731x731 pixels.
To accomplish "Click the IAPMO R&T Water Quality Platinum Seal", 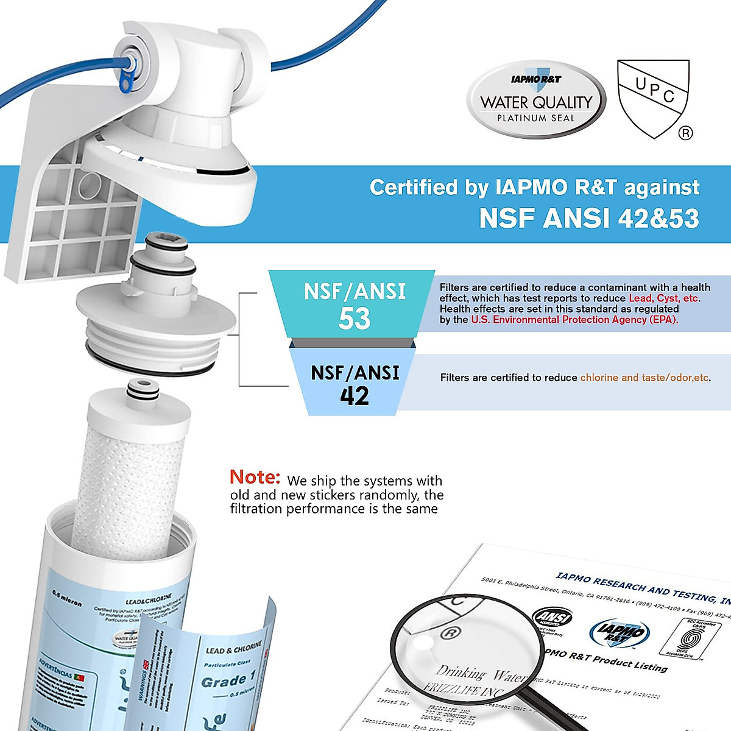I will coord(536,100).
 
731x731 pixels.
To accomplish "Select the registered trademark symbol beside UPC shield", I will coord(685,133).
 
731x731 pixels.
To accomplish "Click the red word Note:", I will coord(255,477).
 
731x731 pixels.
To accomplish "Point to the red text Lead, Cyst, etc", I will coord(665,298).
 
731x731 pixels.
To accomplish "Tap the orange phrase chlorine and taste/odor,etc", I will coord(644,378).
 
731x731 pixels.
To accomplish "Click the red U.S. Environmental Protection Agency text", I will coord(574,320).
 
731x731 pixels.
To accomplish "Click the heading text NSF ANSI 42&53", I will coord(589,219).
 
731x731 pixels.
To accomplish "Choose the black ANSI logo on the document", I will coord(553,617).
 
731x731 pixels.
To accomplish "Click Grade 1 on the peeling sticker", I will coord(228,680).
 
